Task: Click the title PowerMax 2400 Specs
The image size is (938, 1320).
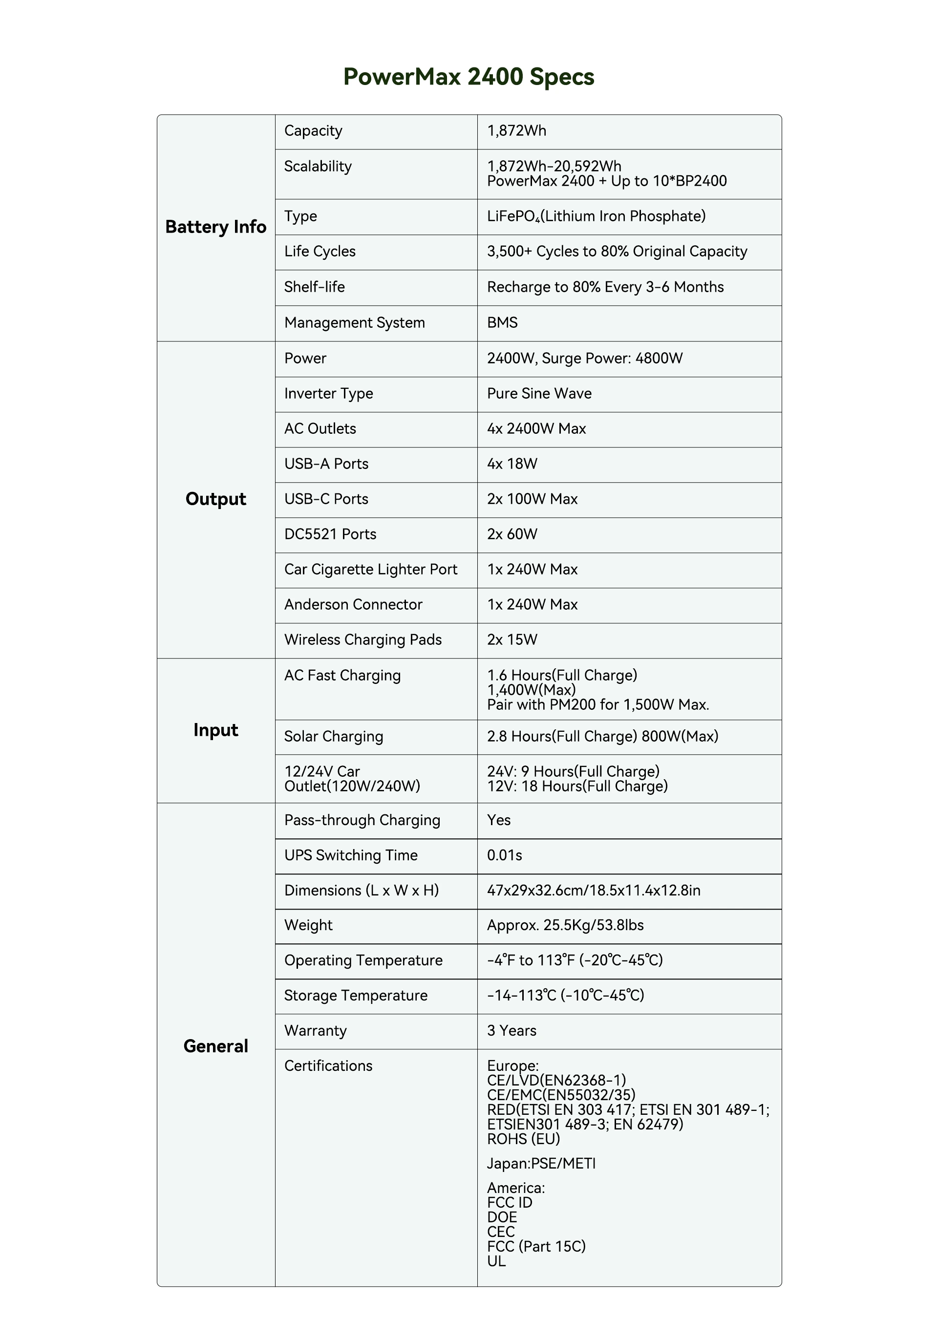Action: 469,77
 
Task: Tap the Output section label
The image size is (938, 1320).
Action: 215,499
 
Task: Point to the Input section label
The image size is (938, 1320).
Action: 215,730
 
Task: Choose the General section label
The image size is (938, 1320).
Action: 215,1046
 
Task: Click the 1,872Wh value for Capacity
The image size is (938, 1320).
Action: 516,131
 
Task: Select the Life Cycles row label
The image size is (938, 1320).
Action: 320,252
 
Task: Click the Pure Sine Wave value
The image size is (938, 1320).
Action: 539,394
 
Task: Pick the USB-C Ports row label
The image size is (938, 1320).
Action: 326,499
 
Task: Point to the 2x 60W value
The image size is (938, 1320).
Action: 512,534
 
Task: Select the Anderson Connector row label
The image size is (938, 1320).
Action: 353,605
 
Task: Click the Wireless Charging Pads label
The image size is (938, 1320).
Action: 362,640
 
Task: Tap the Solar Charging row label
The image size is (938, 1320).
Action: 333,737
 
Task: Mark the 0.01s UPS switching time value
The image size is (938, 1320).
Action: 504,855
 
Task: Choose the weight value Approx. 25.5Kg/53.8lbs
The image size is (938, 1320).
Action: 565,925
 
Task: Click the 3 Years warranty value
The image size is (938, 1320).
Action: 511,1031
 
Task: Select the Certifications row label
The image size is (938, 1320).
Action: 328,1066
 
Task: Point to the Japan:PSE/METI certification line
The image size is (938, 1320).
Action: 541,1163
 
